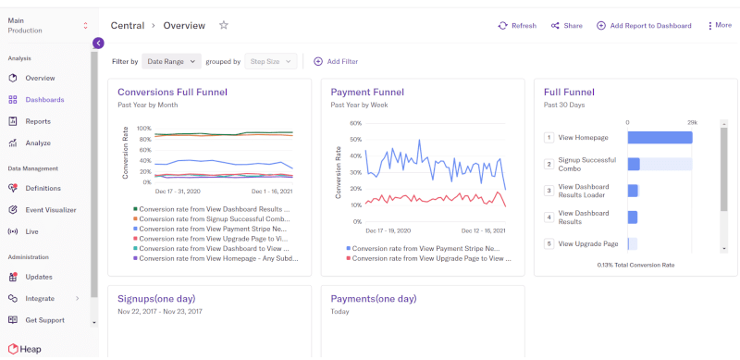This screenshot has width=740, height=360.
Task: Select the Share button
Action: click(x=566, y=26)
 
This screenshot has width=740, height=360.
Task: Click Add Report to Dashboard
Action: click(x=644, y=26)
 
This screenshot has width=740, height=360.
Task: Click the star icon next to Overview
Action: click(x=224, y=25)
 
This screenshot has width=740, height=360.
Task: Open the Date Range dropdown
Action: click(x=171, y=61)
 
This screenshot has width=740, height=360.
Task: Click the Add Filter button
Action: click(x=336, y=61)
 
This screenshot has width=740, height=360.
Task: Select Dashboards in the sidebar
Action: click(x=44, y=100)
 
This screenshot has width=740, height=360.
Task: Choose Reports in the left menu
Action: click(x=38, y=121)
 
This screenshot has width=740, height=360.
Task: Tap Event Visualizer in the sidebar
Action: click(x=50, y=210)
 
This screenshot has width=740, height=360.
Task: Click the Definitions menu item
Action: click(x=43, y=188)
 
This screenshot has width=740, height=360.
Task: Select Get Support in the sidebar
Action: click(x=44, y=320)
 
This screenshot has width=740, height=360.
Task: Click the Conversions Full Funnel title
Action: click(x=172, y=92)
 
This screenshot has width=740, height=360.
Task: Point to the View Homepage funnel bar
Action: click(x=660, y=138)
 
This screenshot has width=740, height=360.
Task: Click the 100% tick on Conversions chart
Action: click(x=143, y=129)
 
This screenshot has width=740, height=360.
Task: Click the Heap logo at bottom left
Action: click(x=25, y=349)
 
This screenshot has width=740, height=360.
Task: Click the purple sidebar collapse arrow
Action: click(x=98, y=43)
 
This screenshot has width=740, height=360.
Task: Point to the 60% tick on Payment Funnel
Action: click(x=354, y=122)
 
